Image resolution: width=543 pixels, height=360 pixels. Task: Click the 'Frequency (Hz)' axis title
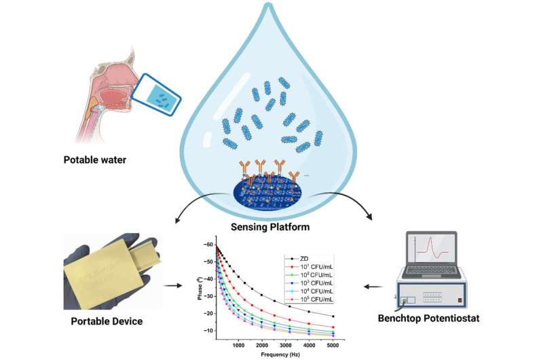273,354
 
